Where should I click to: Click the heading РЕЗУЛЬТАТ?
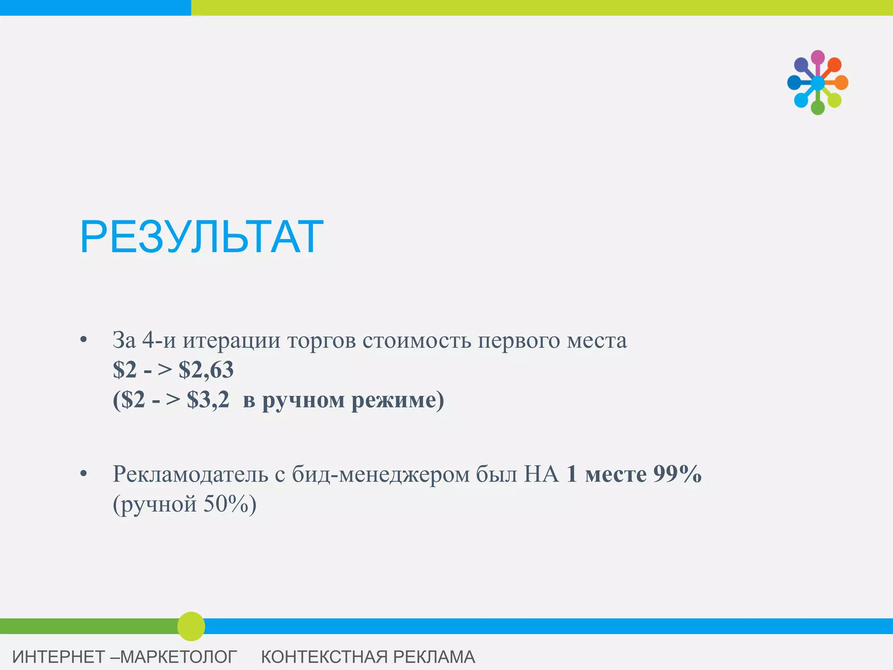(201, 237)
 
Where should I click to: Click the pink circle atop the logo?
(818, 57)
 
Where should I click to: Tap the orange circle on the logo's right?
(841, 82)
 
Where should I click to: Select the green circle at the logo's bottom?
(818, 107)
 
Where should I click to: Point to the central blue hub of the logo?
(818, 82)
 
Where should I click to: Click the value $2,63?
(206, 370)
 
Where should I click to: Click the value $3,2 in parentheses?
(208, 400)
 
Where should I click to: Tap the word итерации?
(232, 340)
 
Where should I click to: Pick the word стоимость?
(417, 340)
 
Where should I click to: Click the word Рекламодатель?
(190, 474)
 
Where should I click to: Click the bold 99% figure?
(677, 474)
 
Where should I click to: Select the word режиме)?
(398, 400)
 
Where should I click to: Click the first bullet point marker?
(84, 340)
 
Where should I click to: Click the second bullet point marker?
(84, 474)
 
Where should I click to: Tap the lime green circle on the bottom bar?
(191, 626)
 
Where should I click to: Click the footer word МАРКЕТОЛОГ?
(178, 657)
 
